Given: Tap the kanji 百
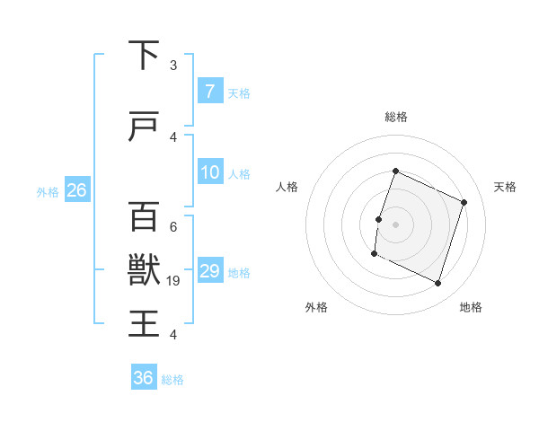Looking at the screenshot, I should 144,216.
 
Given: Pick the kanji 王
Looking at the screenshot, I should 144,322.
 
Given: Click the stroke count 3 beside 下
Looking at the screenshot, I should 173,66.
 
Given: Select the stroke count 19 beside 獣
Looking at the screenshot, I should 174,281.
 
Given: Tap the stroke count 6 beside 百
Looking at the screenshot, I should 173,227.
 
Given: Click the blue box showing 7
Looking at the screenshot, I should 209,91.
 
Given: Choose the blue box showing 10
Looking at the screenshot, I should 209,172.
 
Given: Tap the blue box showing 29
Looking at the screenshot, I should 209,271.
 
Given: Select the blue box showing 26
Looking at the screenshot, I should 76,190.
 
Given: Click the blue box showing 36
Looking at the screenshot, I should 144,378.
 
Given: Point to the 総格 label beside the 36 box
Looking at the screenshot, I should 172,380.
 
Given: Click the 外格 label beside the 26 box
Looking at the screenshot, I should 48,191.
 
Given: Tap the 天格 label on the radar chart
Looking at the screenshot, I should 506,187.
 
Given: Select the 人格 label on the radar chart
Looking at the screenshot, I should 287,187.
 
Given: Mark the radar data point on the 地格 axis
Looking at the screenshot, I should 438,284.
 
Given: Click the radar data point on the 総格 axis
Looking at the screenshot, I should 395,171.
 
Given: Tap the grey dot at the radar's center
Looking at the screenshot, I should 395,224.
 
